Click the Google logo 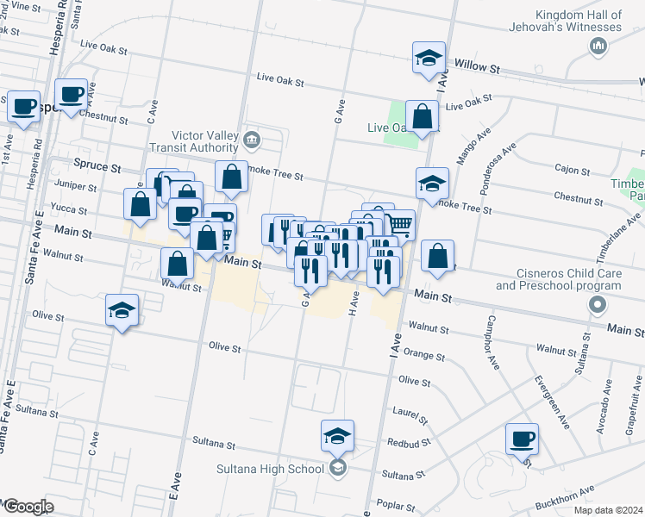28,507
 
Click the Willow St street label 478,65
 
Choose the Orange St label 423,355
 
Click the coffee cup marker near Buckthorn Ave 523,439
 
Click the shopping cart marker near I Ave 399,223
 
